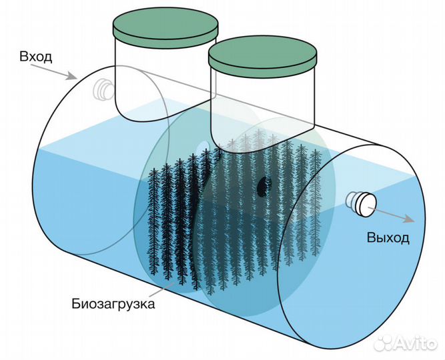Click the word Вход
(x=36, y=57)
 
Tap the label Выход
(x=388, y=238)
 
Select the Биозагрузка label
(x=113, y=304)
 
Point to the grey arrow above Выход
(x=391, y=215)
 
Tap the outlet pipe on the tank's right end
(x=362, y=204)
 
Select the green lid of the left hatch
(x=165, y=28)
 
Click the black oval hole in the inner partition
(x=264, y=187)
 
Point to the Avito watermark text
(x=416, y=344)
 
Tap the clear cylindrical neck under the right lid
(x=262, y=109)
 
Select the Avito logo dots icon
(x=384, y=344)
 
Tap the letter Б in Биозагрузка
(x=75, y=303)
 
